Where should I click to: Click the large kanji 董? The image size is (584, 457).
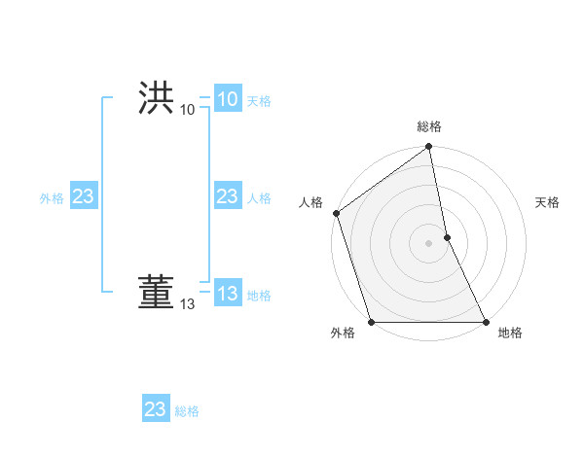156,292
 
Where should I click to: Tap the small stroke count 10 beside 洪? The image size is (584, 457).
188,110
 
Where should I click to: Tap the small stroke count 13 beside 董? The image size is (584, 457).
188,304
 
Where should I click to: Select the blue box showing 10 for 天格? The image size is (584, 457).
227,99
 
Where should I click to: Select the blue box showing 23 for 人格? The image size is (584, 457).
227,197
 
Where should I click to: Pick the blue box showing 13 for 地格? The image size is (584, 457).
227,294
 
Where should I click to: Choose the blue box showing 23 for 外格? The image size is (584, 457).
84,197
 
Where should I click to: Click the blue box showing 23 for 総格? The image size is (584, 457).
156,409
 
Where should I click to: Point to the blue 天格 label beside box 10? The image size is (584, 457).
259,101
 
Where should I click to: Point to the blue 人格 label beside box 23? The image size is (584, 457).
259,198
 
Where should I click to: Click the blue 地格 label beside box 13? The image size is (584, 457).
259,296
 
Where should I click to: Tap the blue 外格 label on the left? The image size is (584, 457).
52,198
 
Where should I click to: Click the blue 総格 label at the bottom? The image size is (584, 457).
187,411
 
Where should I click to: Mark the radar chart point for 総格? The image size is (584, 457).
428,148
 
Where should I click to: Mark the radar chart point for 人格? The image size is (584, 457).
336,213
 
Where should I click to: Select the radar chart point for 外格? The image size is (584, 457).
371,321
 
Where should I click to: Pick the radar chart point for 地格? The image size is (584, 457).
486,321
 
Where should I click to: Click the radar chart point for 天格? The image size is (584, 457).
447,236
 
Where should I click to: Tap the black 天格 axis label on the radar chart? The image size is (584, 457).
547,202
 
